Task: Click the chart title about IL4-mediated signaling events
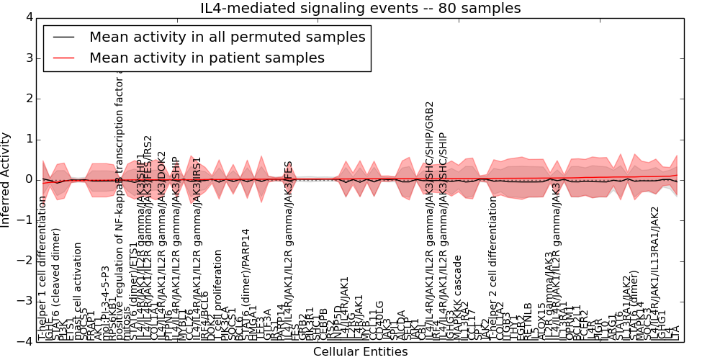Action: tap(360, 9)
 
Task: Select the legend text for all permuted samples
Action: tap(227, 37)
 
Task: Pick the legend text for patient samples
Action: tap(207, 58)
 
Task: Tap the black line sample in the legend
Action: tap(62, 37)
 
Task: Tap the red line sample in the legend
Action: tap(62, 58)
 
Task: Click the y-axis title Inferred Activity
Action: tap(6, 180)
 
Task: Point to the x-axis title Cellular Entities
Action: tap(360, 352)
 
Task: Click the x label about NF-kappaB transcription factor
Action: tap(120, 202)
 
